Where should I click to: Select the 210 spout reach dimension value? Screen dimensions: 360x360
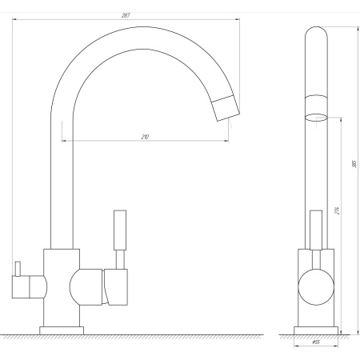[x=145, y=137]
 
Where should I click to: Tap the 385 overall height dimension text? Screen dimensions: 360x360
[x=353, y=166]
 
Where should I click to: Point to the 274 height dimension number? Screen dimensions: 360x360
[x=338, y=210]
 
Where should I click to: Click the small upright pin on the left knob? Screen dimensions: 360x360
[x=16, y=266]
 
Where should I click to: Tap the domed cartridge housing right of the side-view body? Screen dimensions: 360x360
[x=85, y=287]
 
